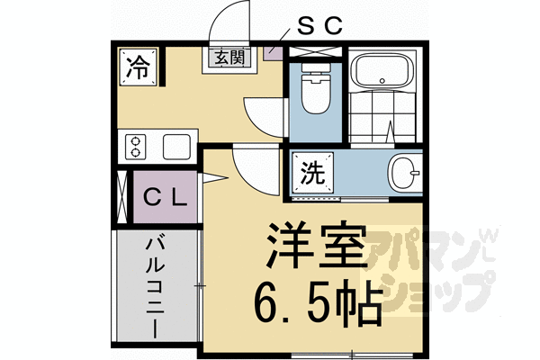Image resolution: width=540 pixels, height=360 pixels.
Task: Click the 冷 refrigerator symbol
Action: tap(137, 66)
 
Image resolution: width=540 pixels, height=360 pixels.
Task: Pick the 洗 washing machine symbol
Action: tap(310, 173)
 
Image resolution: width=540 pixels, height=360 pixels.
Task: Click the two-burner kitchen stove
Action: tap(137, 146)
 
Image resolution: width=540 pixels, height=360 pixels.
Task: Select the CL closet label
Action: tap(166, 197)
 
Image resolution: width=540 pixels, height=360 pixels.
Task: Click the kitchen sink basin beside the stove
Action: tap(175, 146)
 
